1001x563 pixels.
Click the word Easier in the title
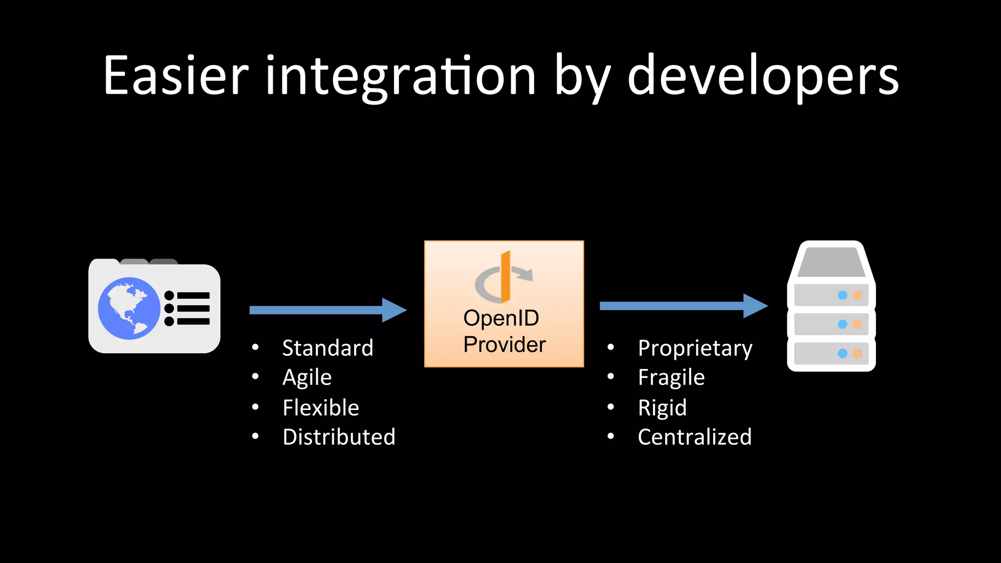click(x=176, y=76)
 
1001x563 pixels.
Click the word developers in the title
click(x=762, y=76)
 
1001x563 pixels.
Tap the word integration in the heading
click(x=401, y=76)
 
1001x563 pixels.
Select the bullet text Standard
click(x=327, y=348)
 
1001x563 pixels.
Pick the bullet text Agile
click(x=307, y=378)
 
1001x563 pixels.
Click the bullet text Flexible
click(x=321, y=408)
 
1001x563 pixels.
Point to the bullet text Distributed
click(x=339, y=437)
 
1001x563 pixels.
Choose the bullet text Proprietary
click(x=695, y=348)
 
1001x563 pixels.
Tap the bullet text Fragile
click(x=671, y=378)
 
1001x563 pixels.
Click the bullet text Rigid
click(x=662, y=408)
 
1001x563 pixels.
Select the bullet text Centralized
click(x=695, y=437)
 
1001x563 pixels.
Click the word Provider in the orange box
click(x=504, y=345)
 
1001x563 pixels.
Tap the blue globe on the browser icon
click(x=129, y=308)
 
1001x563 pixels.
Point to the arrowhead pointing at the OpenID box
click(x=394, y=310)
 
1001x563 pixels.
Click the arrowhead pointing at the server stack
click(x=755, y=306)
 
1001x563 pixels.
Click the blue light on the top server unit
click(x=842, y=295)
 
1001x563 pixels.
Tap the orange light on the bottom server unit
click(x=857, y=353)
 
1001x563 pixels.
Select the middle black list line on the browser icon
click(x=193, y=308)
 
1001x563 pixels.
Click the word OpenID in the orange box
click(x=501, y=318)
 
